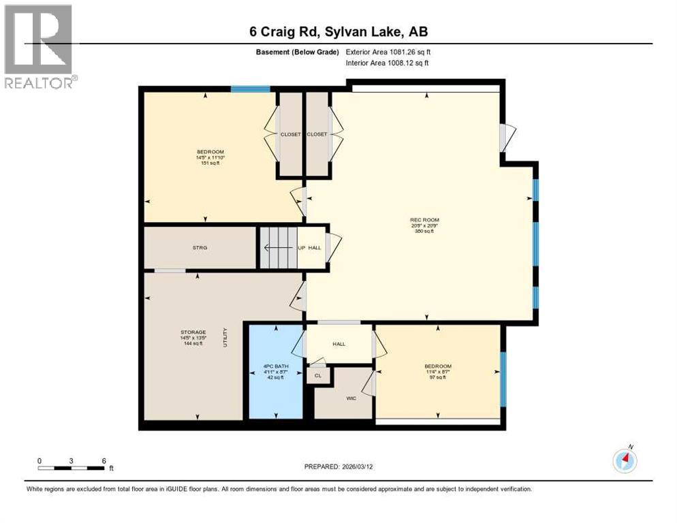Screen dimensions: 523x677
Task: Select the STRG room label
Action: pyautogui.click(x=200, y=247)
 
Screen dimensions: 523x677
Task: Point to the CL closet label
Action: pyautogui.click(x=318, y=375)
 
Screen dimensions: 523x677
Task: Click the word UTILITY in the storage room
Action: pyautogui.click(x=224, y=338)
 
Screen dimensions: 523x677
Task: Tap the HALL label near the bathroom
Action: pyautogui.click(x=338, y=344)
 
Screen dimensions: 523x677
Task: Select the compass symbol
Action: pyautogui.click(x=625, y=460)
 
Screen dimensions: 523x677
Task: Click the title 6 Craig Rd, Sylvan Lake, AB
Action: pyautogui.click(x=338, y=31)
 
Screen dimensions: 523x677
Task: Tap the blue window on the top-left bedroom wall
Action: pyautogui.click(x=251, y=89)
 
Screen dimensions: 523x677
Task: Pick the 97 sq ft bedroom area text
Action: pyautogui.click(x=437, y=377)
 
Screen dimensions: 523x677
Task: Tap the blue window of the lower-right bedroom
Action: pyautogui.click(x=503, y=379)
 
